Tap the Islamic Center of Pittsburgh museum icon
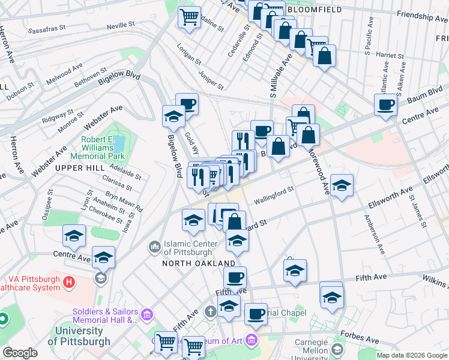coord(155,247)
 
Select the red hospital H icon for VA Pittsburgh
coord(70,281)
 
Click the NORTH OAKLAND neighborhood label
coord(199,263)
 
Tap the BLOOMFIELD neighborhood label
coord(315,10)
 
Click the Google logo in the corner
coord(20,353)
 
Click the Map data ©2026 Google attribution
coord(412,355)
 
